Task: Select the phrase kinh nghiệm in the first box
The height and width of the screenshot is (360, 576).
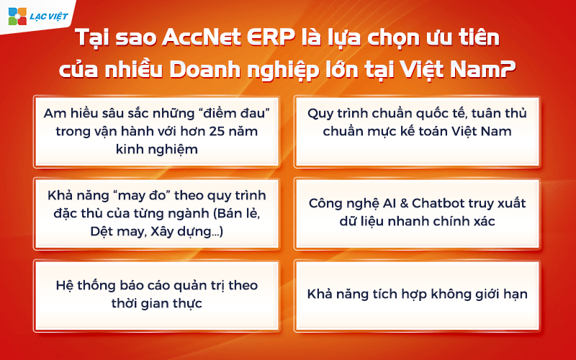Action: (156, 150)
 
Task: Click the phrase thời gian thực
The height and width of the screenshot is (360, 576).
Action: (156, 303)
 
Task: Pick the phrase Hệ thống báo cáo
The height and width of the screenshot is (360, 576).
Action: (107, 285)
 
